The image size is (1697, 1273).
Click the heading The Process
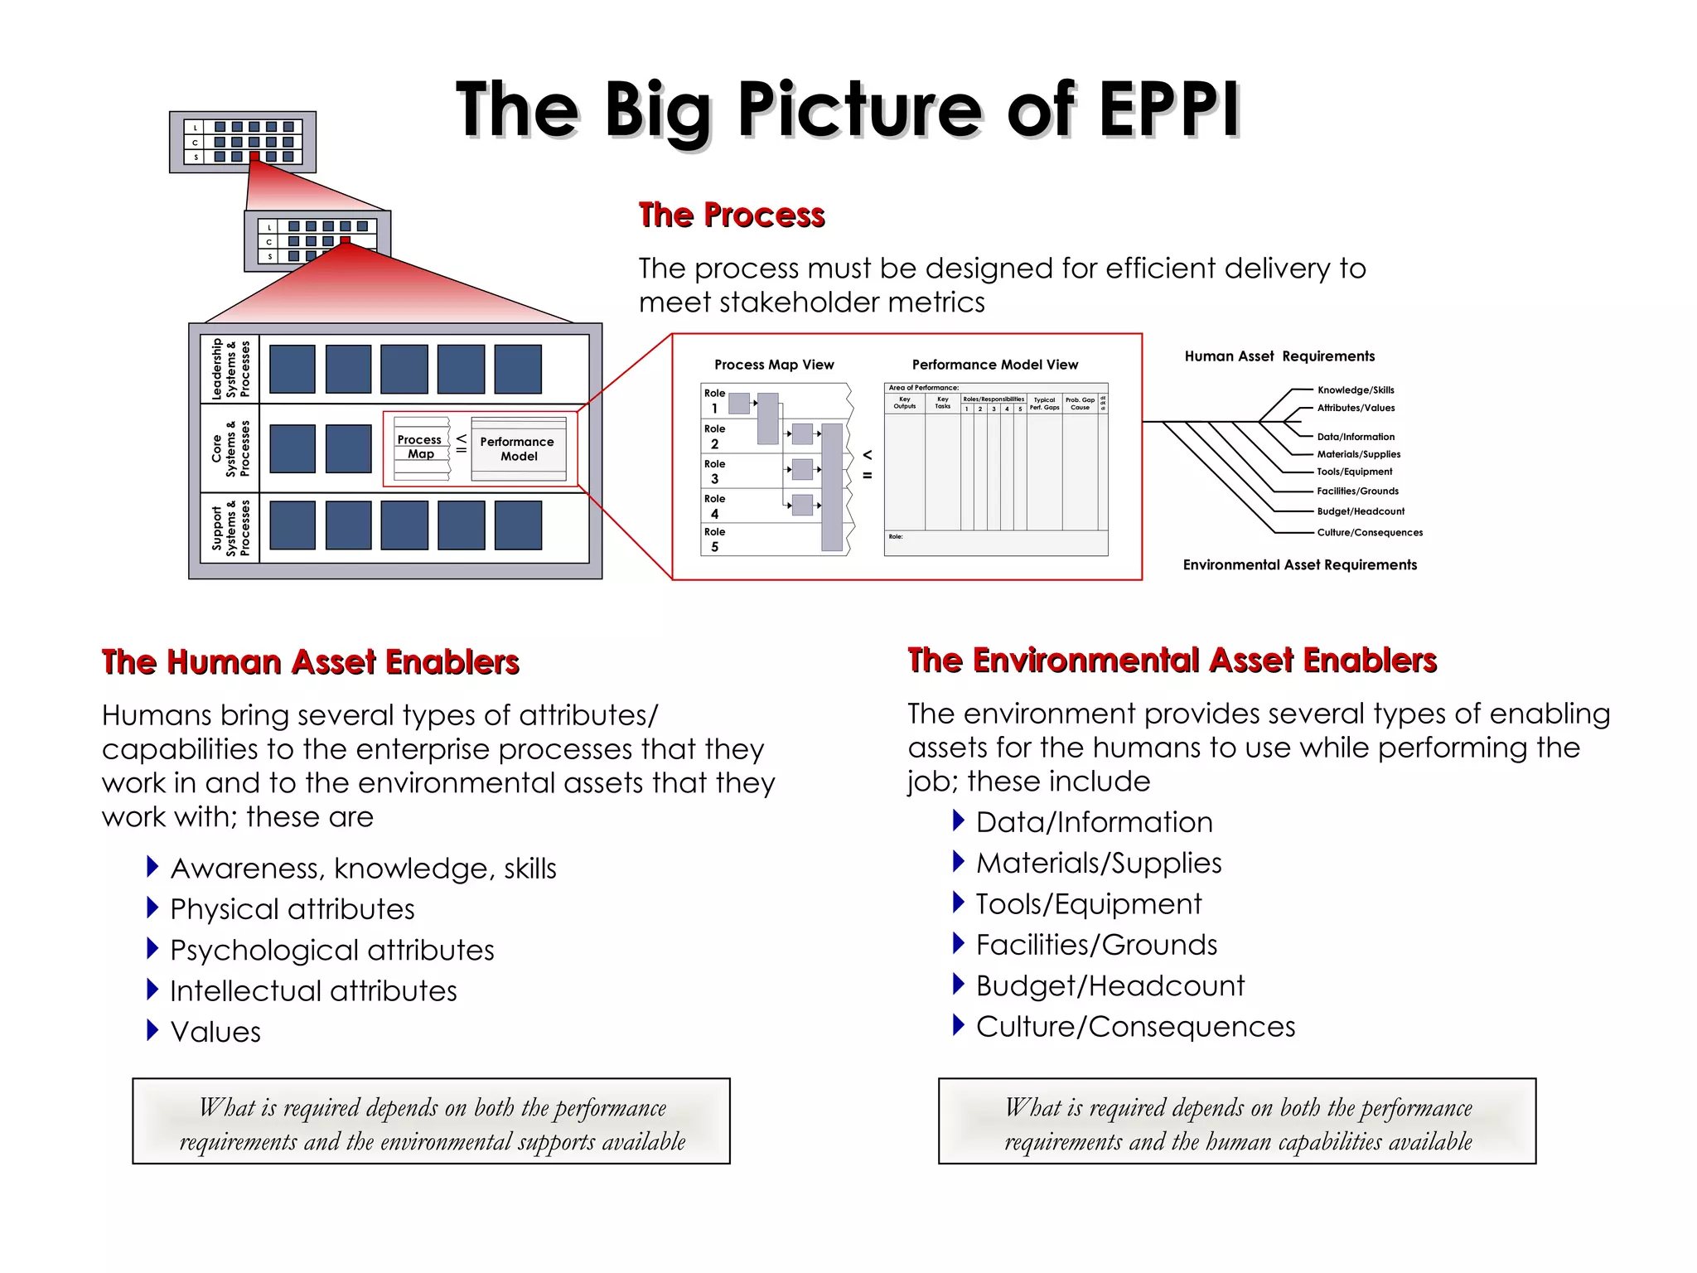click(732, 215)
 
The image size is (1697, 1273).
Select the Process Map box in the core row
click(421, 448)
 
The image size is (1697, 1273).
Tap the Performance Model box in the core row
click(518, 448)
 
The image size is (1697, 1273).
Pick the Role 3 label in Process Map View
click(714, 471)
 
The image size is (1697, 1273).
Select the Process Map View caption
click(774, 365)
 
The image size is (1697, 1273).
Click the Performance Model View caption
click(994, 365)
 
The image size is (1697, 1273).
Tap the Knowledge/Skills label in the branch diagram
click(1356, 390)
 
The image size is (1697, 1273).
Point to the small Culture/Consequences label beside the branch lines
click(1370, 533)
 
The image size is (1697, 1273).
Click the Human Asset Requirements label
click(1279, 356)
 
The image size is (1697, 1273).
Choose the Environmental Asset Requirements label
click(1299, 565)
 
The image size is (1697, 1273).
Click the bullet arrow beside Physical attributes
click(152, 908)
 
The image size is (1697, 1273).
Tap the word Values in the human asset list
click(215, 1032)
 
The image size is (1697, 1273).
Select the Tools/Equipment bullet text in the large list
click(1088, 904)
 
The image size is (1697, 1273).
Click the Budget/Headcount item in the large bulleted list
click(1110, 985)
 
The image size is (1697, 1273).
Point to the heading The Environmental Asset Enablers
click(1172, 661)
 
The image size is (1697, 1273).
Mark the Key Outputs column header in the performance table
click(904, 402)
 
